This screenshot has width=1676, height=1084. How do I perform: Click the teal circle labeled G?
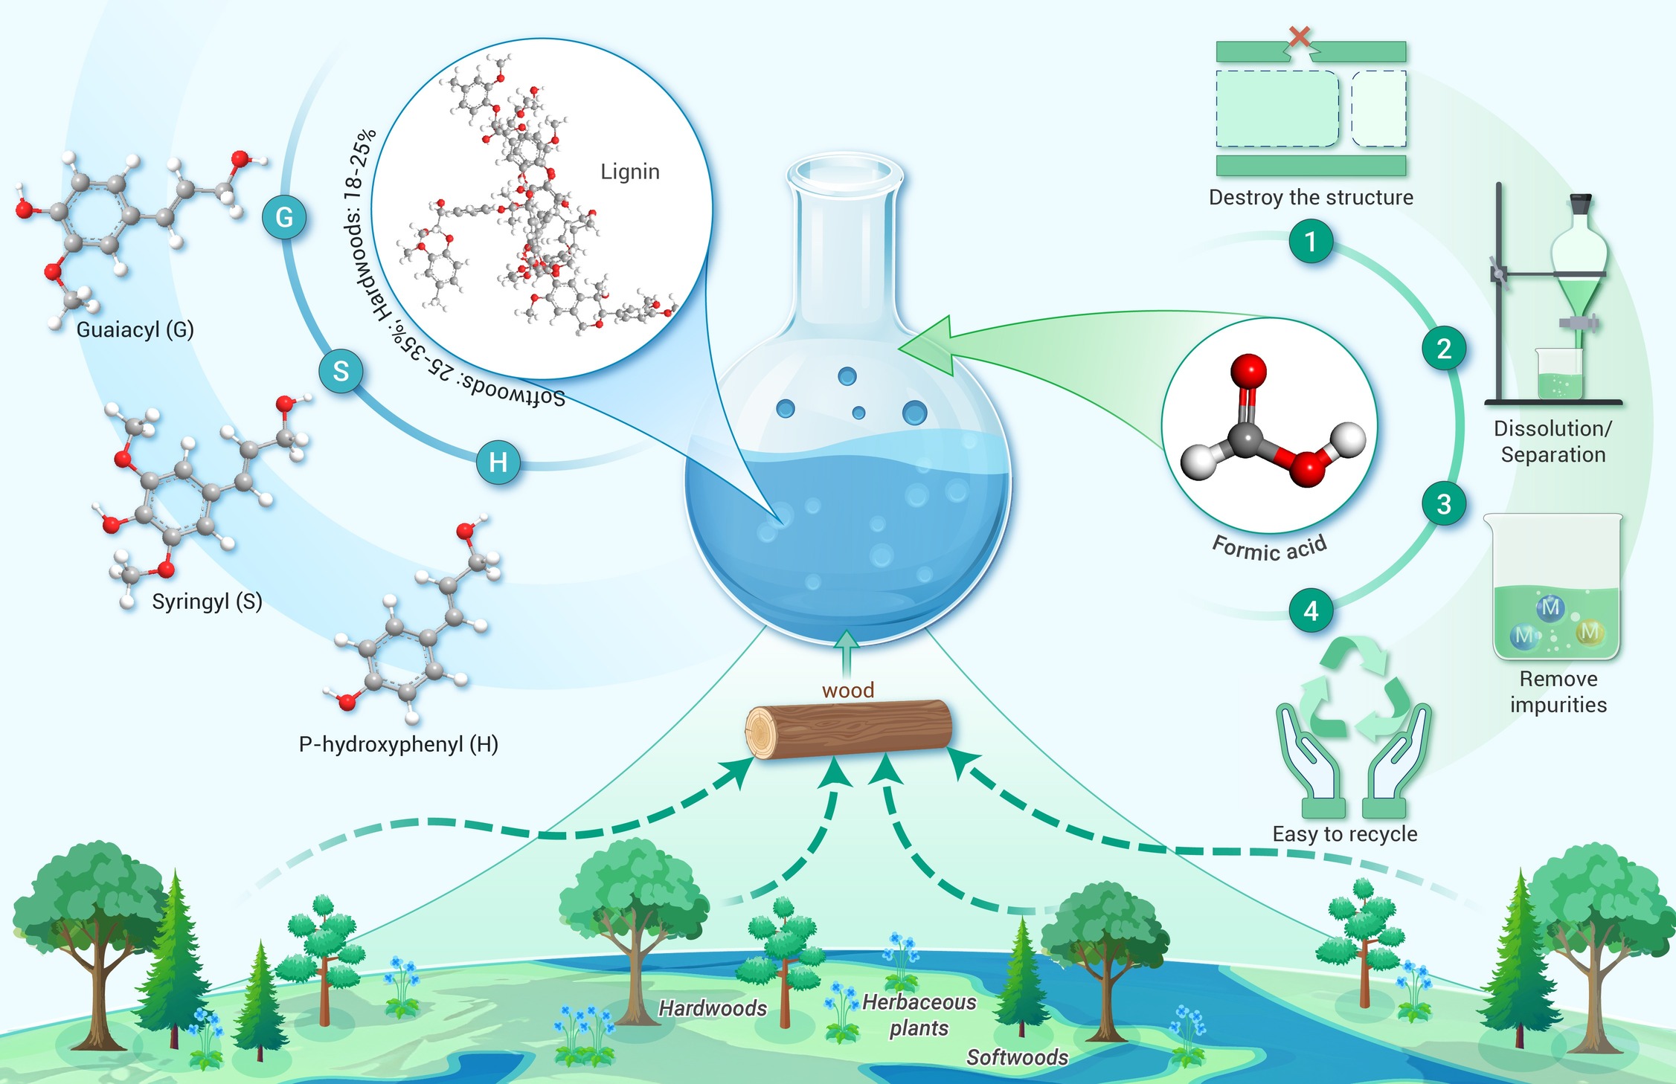(x=284, y=217)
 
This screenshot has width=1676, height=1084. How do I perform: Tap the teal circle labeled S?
(x=341, y=371)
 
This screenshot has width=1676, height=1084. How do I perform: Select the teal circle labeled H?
(x=498, y=462)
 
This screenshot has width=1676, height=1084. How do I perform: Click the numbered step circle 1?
(x=1311, y=241)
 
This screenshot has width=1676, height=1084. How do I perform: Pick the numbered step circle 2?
(x=1444, y=349)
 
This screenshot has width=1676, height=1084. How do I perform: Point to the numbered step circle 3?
(x=1444, y=504)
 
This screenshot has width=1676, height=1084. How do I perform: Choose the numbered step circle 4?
(x=1311, y=610)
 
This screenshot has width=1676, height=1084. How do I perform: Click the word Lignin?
(x=630, y=172)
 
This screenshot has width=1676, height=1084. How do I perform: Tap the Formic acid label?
(x=1270, y=549)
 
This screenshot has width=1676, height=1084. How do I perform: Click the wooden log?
(x=849, y=729)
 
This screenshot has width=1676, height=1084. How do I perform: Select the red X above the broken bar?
(x=1300, y=36)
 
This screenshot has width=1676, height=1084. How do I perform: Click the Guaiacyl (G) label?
(x=135, y=329)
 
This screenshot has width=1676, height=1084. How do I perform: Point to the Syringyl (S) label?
(x=208, y=601)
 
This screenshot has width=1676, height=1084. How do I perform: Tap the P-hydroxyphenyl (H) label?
(x=399, y=744)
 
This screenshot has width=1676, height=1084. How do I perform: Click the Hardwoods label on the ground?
(x=713, y=1008)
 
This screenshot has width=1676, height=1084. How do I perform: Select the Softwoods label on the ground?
(x=1017, y=1057)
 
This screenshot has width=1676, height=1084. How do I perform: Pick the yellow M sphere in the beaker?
(x=1590, y=632)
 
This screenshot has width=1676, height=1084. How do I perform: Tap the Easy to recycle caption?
(x=1345, y=834)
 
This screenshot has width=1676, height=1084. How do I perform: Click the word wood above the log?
(x=848, y=690)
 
